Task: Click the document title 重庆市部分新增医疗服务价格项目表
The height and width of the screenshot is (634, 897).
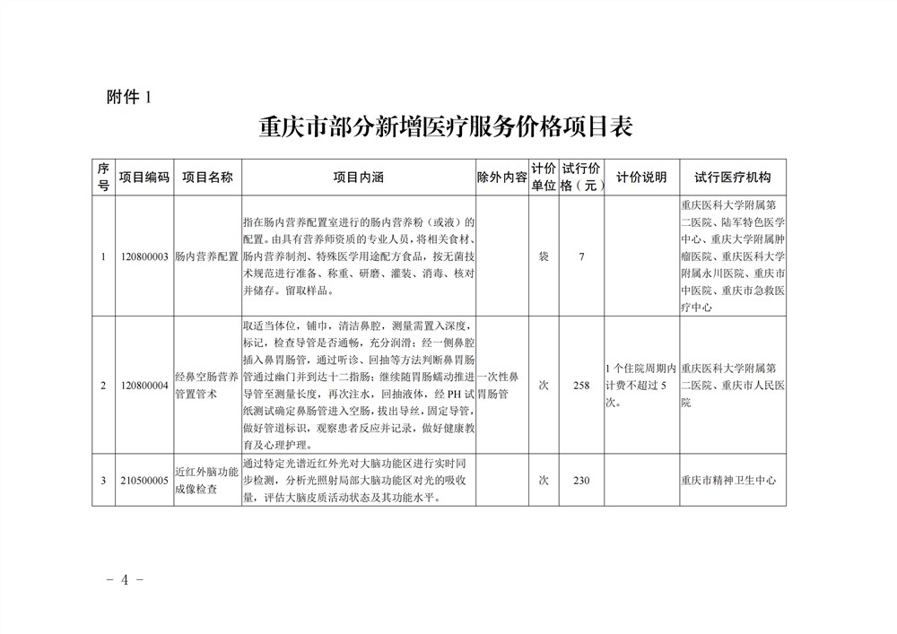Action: click(446, 126)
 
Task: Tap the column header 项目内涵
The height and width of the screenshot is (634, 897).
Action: click(358, 178)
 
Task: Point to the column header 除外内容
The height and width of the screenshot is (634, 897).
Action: click(501, 178)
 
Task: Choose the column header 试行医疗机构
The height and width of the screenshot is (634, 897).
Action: click(733, 178)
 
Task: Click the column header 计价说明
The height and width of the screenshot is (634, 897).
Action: click(641, 178)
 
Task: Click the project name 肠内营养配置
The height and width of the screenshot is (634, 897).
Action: click(206, 256)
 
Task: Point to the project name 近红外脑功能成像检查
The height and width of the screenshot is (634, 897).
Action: click(206, 481)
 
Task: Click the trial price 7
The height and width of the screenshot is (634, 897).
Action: click(581, 256)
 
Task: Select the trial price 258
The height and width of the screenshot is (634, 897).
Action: click(581, 385)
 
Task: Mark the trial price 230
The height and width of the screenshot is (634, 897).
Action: click(581, 481)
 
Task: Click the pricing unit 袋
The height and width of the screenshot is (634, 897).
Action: click(543, 256)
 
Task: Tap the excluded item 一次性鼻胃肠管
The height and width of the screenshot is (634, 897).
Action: click(501, 385)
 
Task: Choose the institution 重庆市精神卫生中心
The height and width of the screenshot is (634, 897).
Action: click(727, 481)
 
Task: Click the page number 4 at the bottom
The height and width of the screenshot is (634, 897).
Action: click(125, 579)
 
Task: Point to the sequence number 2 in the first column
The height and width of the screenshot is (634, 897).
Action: click(103, 385)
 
